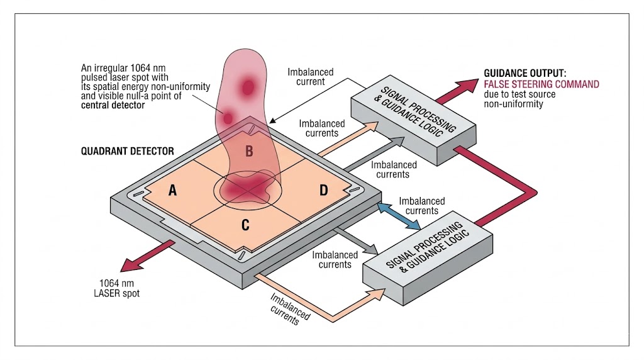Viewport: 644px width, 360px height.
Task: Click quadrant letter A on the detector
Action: pos(172,191)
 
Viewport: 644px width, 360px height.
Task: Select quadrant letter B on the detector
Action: pos(249,151)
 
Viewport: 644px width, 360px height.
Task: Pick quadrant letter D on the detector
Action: pos(323,189)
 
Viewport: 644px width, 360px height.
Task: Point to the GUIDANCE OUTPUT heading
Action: pos(526,72)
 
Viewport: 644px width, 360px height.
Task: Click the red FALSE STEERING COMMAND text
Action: pos(541,84)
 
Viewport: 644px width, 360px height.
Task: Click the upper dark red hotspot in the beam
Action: pos(248,87)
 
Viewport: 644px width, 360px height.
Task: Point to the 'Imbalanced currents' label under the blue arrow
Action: pos(422,206)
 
